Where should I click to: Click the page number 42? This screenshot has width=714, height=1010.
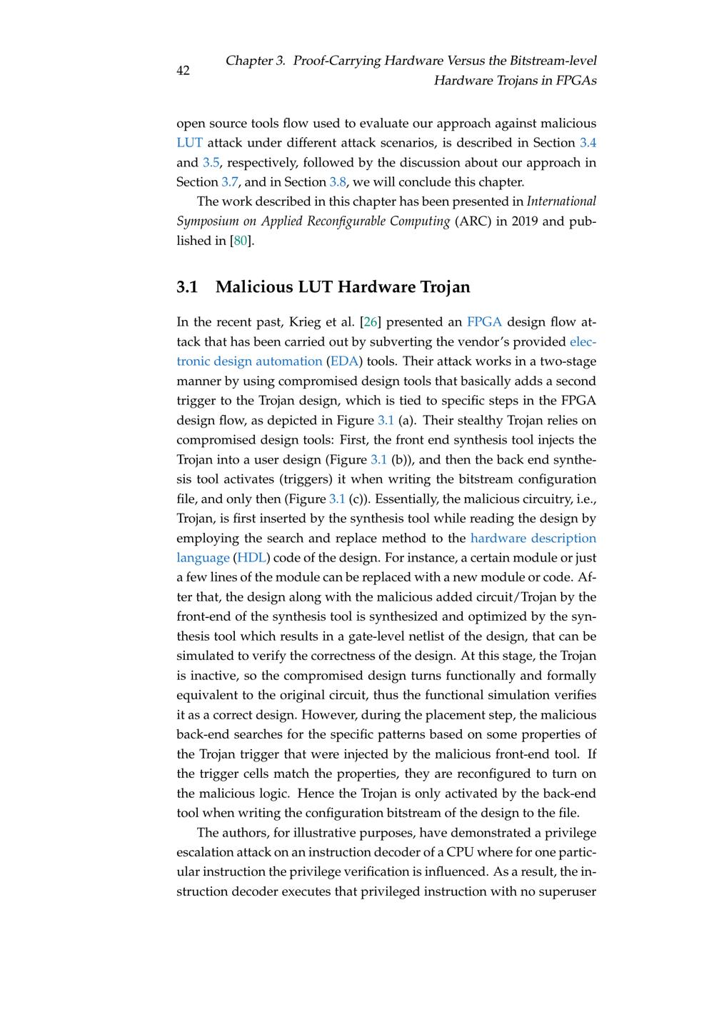click(183, 70)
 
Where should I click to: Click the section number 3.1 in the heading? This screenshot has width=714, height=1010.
click(187, 287)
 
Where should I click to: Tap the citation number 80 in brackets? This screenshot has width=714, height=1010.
click(240, 241)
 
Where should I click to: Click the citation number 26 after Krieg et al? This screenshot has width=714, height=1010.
click(371, 322)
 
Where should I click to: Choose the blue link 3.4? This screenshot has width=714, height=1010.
click(588, 143)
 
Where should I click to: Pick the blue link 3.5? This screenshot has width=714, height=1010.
click(211, 162)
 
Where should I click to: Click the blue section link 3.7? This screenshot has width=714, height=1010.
click(230, 182)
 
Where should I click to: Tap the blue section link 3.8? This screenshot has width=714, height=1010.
click(338, 182)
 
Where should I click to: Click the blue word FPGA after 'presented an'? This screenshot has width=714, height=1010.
click(484, 322)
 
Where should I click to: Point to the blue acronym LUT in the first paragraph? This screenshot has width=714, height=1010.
click(189, 143)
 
